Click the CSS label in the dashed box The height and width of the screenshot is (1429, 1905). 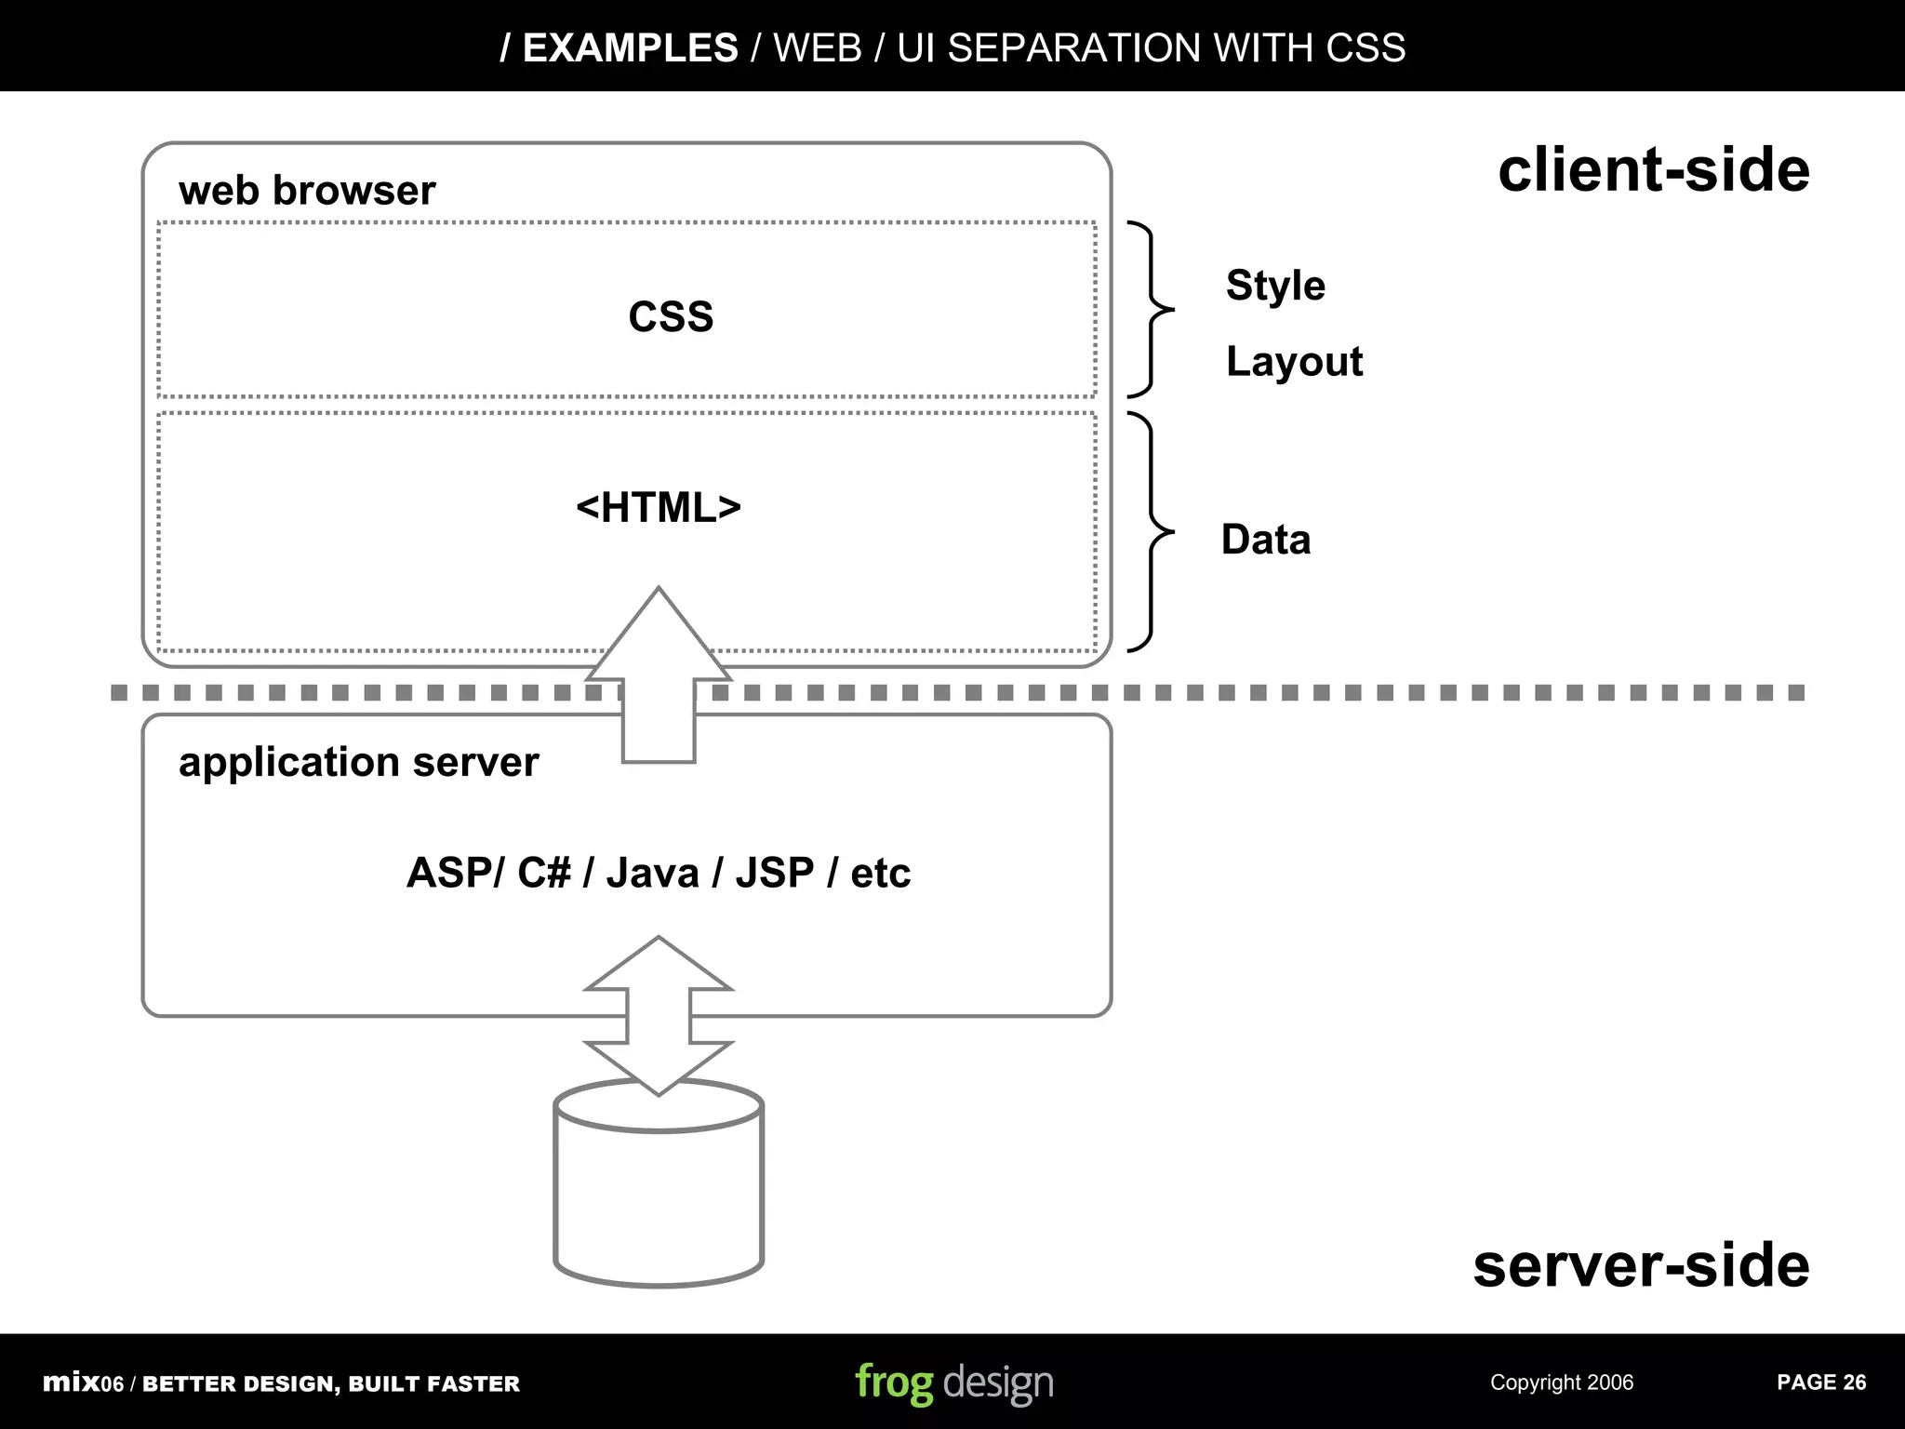[671, 316]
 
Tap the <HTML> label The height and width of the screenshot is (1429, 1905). [659, 508]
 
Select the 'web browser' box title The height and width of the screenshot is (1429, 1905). [307, 191]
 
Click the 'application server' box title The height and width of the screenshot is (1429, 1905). [358, 762]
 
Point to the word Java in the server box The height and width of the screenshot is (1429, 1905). [652, 873]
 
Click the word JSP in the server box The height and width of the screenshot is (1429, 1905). [775, 873]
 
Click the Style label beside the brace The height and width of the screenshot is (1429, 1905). [1275, 285]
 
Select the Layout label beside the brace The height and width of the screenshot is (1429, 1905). [1294, 361]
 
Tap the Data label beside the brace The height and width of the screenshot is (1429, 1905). [1265, 540]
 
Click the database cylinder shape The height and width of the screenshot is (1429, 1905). [659, 1200]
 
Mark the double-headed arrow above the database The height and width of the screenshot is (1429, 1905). [659, 1015]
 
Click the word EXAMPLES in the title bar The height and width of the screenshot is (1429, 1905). [630, 47]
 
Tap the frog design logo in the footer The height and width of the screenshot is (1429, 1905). [953, 1382]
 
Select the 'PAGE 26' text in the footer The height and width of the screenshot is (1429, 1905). [1820, 1382]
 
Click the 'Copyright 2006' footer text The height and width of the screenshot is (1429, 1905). [1561, 1382]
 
